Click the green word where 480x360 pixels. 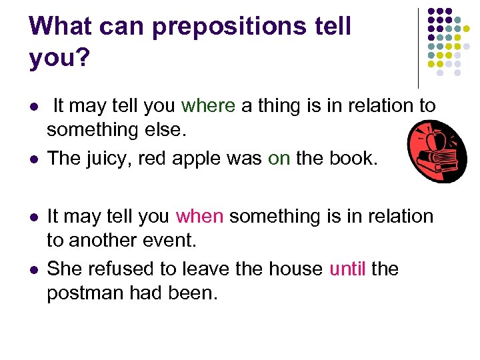click(x=208, y=105)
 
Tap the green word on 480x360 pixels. click(x=279, y=158)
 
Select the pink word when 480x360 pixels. click(x=199, y=216)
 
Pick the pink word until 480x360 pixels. click(x=347, y=269)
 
